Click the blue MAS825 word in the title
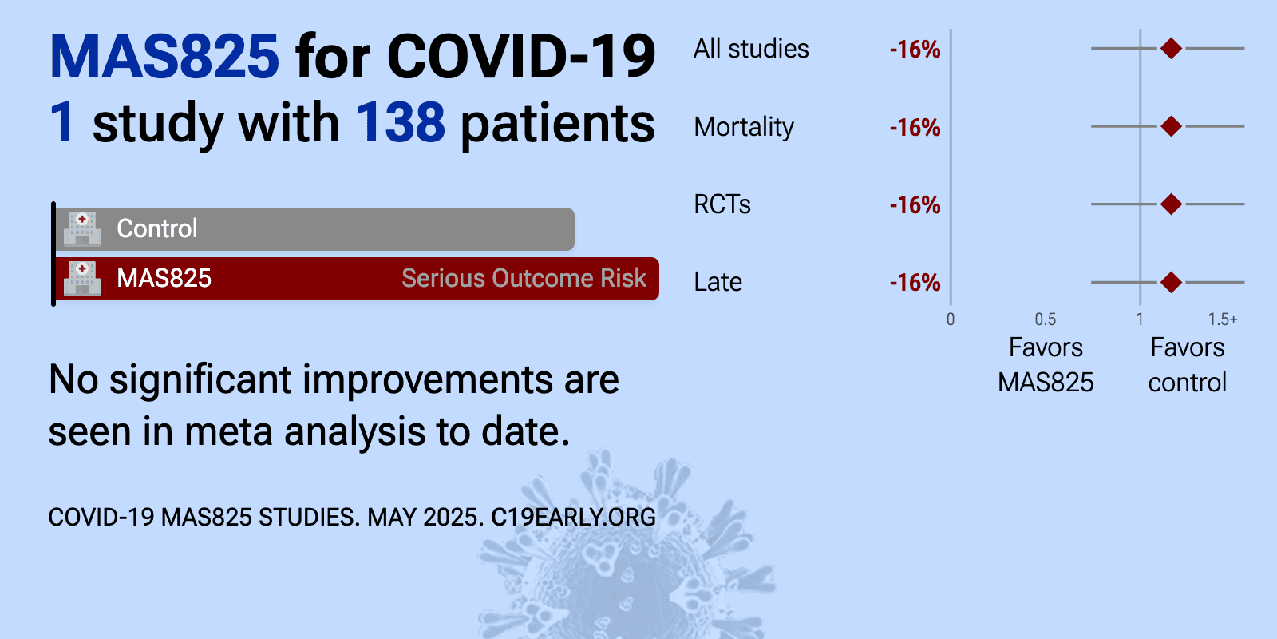[164, 57]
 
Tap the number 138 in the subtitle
[400, 122]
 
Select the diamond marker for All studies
[1171, 49]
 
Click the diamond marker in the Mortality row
[1171, 126]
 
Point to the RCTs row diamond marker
[1171, 204]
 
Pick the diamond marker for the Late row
[1171, 282]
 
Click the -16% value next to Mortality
[915, 127]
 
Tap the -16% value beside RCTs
[915, 204]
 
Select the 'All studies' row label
[751, 49]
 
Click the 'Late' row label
[718, 282]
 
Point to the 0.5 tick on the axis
[1045, 319]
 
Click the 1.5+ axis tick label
[1222, 319]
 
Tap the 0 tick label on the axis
[951, 319]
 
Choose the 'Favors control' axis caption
[1188, 365]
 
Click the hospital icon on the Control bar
[82, 228]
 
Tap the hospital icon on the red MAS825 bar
[82, 279]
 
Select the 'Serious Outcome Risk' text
[524, 279]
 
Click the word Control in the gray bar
[156, 228]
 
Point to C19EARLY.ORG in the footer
[573, 518]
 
